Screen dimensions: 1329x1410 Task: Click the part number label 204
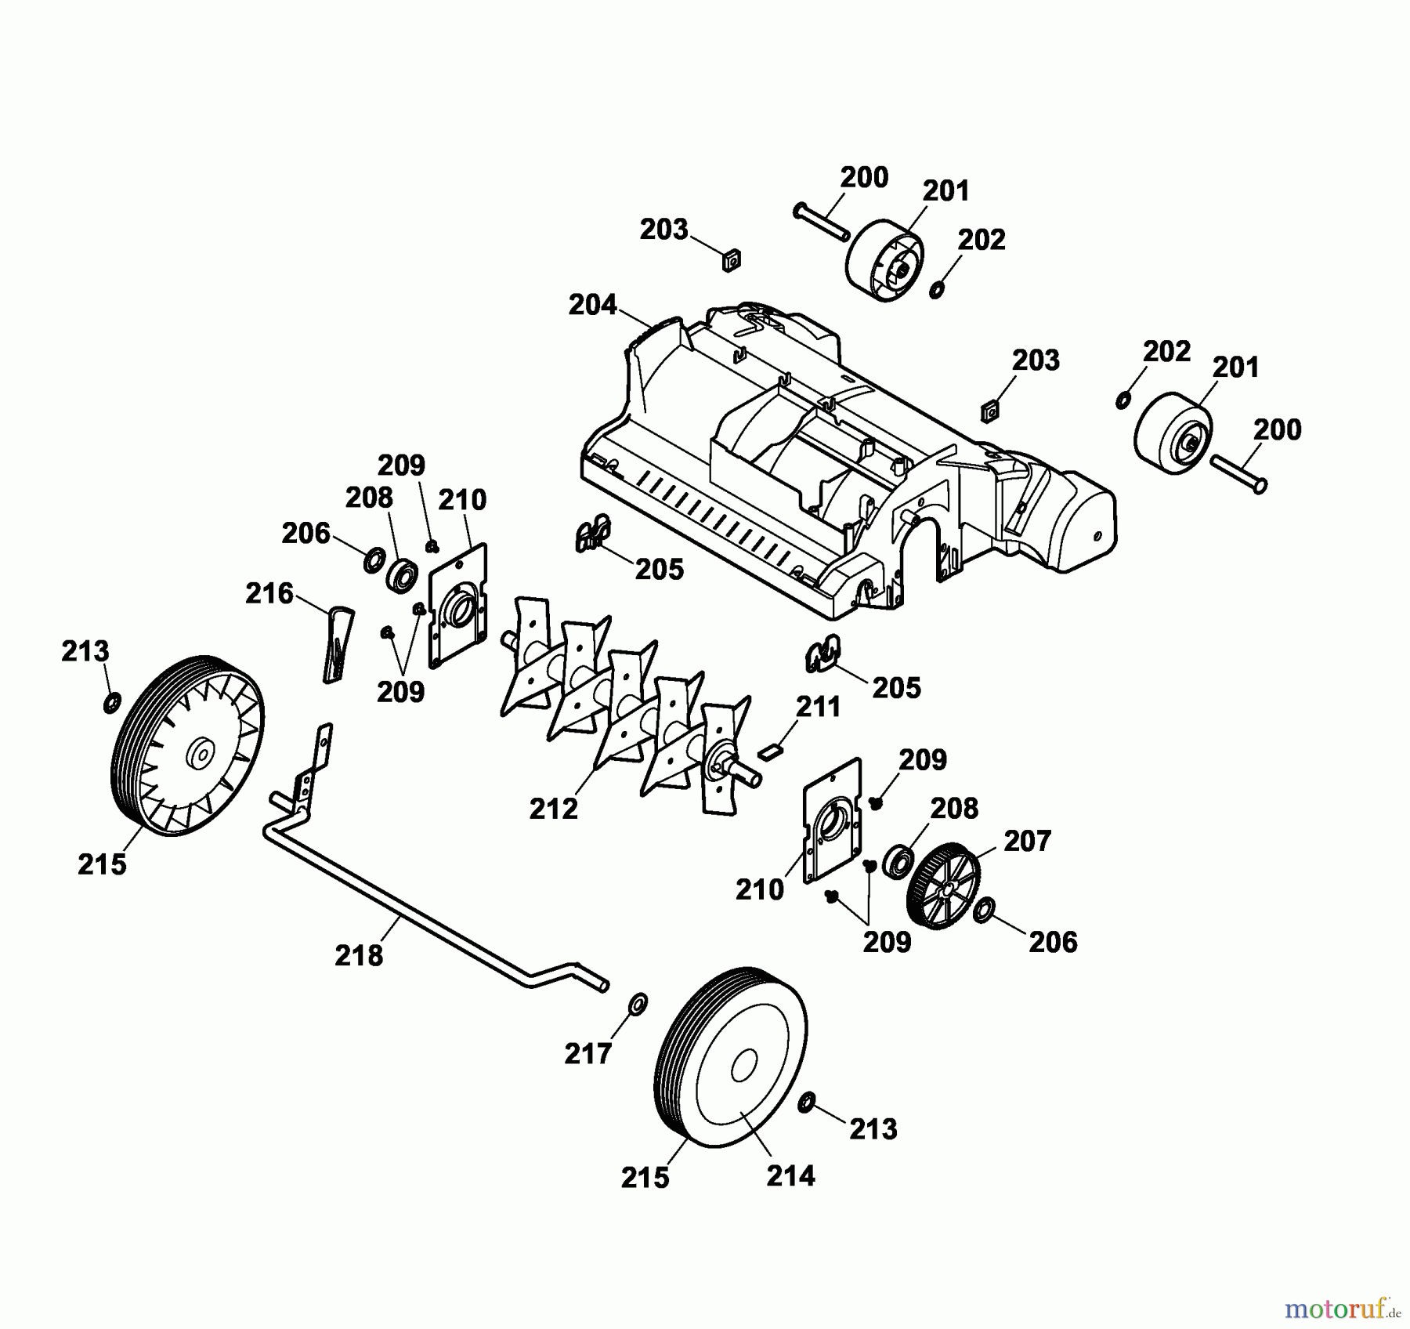(593, 304)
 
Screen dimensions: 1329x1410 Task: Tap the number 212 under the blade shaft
(554, 808)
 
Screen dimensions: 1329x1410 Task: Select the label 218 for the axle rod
(359, 955)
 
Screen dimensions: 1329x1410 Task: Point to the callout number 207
(1027, 841)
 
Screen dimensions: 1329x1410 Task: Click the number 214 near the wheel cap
(790, 1175)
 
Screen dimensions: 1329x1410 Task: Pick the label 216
(269, 593)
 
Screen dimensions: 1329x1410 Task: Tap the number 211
(819, 706)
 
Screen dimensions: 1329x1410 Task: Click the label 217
(588, 1054)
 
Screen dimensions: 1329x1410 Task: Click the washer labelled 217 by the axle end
(639, 1002)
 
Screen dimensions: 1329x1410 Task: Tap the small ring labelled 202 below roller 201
(937, 291)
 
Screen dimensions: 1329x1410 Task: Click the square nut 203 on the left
(731, 259)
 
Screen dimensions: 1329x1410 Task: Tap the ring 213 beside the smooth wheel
(807, 1104)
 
